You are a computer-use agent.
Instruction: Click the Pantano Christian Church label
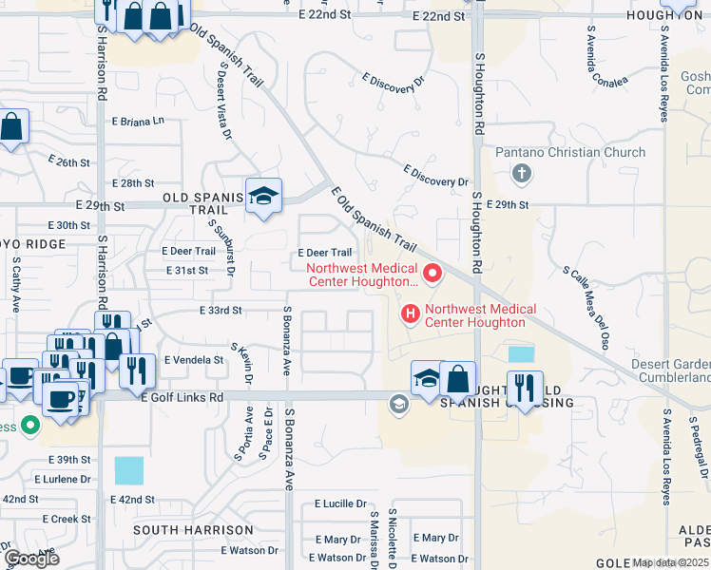pyautogui.click(x=570, y=152)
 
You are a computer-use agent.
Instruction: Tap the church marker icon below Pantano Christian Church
pyautogui.click(x=521, y=174)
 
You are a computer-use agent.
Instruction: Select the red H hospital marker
pyautogui.click(x=411, y=312)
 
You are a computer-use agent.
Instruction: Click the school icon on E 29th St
pyautogui.click(x=263, y=197)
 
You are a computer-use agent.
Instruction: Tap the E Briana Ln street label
pyautogui.click(x=138, y=122)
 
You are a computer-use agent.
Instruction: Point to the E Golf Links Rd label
pyautogui.click(x=182, y=398)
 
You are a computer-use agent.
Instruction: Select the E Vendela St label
pyautogui.click(x=194, y=360)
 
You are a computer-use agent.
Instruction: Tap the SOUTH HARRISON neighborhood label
pyautogui.click(x=183, y=529)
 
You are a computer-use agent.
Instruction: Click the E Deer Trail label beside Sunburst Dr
pyautogui.click(x=189, y=252)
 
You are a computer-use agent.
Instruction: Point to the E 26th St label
pyautogui.click(x=67, y=162)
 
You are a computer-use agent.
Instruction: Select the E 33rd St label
pyautogui.click(x=221, y=310)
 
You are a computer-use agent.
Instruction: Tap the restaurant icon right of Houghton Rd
pyautogui.click(x=525, y=388)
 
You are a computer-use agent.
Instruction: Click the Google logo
pyautogui.click(x=31, y=558)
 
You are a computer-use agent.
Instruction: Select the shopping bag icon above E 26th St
pyautogui.click(x=11, y=126)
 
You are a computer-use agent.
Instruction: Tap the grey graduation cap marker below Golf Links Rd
pyautogui.click(x=398, y=406)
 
